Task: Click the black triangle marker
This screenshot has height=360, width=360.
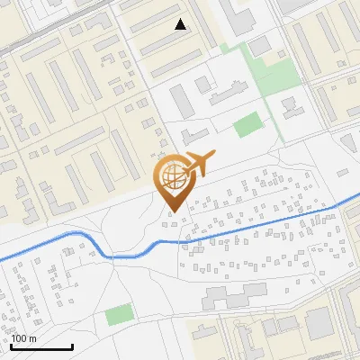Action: tap(181, 24)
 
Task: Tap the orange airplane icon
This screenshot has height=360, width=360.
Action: tap(198, 165)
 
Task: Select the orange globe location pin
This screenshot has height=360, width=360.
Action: tap(173, 181)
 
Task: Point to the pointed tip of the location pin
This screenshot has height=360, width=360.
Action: tap(173, 211)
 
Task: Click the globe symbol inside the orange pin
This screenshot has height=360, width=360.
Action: tap(173, 175)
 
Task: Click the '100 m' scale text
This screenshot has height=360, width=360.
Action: tap(24, 337)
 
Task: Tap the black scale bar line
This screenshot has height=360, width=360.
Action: tap(41, 346)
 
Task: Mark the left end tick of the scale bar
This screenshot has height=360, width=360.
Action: tap(11, 345)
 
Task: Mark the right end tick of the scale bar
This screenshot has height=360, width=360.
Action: tap(72, 345)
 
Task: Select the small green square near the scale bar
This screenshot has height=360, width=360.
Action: tap(118, 315)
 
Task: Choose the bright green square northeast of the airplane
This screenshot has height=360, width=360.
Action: tap(247, 125)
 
